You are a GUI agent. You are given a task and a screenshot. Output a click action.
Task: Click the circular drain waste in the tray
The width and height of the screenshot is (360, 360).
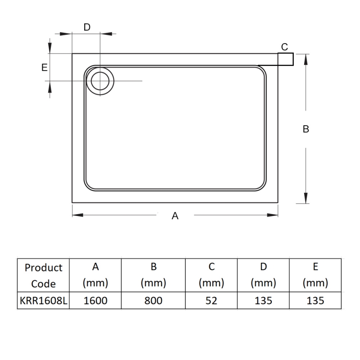pyautogui.click(x=100, y=81)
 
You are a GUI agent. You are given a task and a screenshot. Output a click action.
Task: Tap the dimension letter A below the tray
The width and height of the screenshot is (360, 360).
pyautogui.click(x=175, y=216)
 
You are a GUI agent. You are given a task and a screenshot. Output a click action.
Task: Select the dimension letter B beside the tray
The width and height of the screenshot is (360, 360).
pyautogui.click(x=306, y=129)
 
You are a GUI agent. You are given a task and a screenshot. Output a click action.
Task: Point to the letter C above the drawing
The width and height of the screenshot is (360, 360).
pyautogui.click(x=284, y=46)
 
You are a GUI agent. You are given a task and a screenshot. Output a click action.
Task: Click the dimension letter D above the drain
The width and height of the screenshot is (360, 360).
pyautogui.click(x=87, y=27)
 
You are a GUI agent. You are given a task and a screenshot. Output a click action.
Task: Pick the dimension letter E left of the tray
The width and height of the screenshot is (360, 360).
pyautogui.click(x=44, y=67)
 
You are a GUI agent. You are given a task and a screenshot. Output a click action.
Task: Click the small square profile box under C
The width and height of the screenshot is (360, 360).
pyautogui.click(x=286, y=59)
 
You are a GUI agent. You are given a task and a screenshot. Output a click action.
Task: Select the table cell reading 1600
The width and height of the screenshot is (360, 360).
pyautogui.click(x=96, y=301)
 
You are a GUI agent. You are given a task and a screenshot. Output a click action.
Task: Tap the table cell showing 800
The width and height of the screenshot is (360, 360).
pyautogui.click(x=153, y=301)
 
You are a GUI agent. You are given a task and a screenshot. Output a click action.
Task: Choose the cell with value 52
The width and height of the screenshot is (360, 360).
pyautogui.click(x=211, y=301)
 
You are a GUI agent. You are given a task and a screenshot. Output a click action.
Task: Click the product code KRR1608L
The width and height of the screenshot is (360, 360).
pyautogui.click(x=44, y=301)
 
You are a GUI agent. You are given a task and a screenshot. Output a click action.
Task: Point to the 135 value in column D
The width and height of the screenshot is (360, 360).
pyautogui.click(x=263, y=301)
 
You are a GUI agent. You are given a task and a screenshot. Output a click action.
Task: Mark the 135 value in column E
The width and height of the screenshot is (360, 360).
pyautogui.click(x=315, y=301)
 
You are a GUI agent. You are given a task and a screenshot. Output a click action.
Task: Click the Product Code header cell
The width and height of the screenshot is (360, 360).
pyautogui.click(x=44, y=275)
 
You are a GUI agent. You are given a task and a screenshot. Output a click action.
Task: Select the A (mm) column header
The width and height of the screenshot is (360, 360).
pyautogui.click(x=96, y=275)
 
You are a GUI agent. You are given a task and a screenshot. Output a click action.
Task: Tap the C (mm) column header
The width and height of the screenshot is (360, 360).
pyautogui.click(x=211, y=275)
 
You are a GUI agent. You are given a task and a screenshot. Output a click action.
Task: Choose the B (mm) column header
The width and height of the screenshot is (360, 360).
pyautogui.click(x=153, y=275)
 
